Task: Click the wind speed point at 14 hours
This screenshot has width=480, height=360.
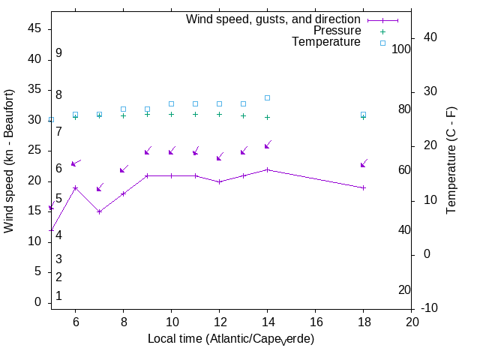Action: click(267, 169)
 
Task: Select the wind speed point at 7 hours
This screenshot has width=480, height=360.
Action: click(99, 211)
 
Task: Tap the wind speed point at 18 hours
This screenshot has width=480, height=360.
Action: click(363, 187)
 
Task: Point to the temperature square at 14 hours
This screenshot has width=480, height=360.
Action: click(267, 97)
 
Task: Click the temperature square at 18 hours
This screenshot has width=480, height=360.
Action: click(363, 115)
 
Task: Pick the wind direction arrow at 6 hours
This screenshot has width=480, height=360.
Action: click(75, 163)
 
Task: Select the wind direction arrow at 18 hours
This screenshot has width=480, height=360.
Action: click(364, 163)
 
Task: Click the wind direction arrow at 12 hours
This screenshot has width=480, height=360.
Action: click(220, 157)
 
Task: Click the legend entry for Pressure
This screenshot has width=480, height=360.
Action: click(337, 31)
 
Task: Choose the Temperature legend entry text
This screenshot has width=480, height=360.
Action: click(326, 43)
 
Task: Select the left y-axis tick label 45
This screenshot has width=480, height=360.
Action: click(34, 28)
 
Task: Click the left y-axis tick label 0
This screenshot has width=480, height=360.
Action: click(37, 302)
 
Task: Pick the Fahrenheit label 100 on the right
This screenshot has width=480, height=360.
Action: click(401, 49)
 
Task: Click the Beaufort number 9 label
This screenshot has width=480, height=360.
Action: click(58, 53)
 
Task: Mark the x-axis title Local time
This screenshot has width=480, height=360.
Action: click(230, 339)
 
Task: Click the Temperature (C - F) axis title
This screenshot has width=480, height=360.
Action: click(452, 159)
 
